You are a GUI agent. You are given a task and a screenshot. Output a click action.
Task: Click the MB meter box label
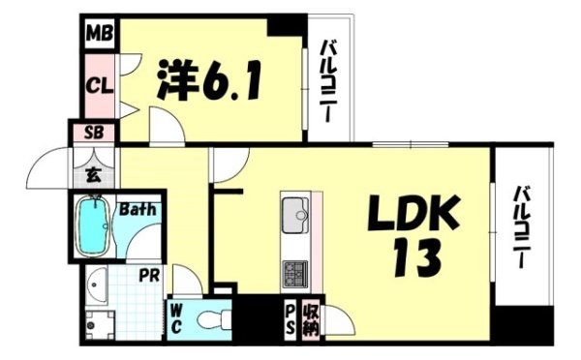[x=100, y=34]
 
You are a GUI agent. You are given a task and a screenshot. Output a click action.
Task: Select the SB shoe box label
[x=94, y=133]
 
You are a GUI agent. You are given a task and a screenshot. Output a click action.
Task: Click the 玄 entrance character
[x=93, y=175]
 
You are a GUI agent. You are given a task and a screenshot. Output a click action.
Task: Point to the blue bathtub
[x=93, y=225]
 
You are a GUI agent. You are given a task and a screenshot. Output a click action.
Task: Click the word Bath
[x=138, y=210]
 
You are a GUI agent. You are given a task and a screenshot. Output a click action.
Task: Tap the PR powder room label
[x=149, y=275]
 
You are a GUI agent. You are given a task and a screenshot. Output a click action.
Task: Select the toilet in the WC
[x=215, y=319]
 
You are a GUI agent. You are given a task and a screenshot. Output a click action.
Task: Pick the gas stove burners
[x=295, y=274]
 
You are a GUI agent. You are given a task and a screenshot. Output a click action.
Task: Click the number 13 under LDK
[x=416, y=258]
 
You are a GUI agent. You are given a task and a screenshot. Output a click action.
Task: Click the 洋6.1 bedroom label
[x=209, y=79]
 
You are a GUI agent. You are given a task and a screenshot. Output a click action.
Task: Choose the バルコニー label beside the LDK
[x=521, y=227]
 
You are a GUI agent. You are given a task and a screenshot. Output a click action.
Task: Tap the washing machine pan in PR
[x=100, y=325]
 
